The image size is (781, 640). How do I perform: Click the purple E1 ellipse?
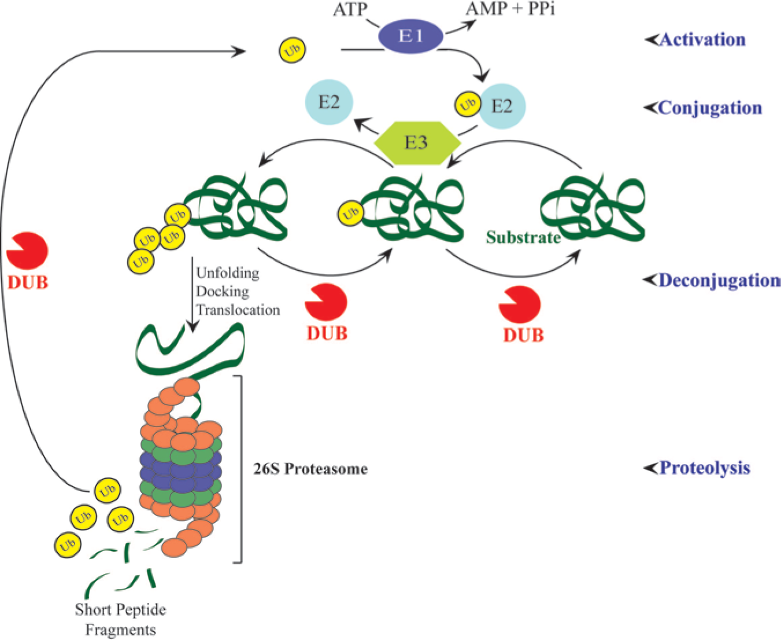(410, 36)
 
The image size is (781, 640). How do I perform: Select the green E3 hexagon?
(417, 142)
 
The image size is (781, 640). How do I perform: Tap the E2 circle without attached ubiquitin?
(329, 102)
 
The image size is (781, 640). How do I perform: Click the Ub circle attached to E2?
(468, 105)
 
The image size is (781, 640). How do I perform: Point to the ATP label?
(350, 9)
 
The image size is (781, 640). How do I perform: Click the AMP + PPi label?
(510, 8)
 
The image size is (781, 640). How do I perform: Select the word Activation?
(702, 40)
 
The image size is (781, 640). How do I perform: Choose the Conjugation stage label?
(710, 108)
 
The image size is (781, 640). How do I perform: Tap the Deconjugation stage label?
(720, 280)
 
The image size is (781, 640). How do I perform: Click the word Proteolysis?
(705, 468)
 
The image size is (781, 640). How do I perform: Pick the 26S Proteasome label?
(310, 469)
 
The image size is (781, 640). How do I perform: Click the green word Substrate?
(523, 237)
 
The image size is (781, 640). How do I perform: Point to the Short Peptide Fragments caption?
(120, 619)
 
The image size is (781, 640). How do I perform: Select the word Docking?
(222, 292)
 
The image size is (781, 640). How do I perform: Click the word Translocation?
(238, 310)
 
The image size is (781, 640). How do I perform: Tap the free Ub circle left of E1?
(292, 49)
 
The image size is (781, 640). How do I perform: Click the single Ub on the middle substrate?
(350, 213)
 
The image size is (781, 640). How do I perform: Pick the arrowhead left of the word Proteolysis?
(650, 468)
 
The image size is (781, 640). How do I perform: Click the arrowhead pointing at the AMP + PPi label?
(469, 25)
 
